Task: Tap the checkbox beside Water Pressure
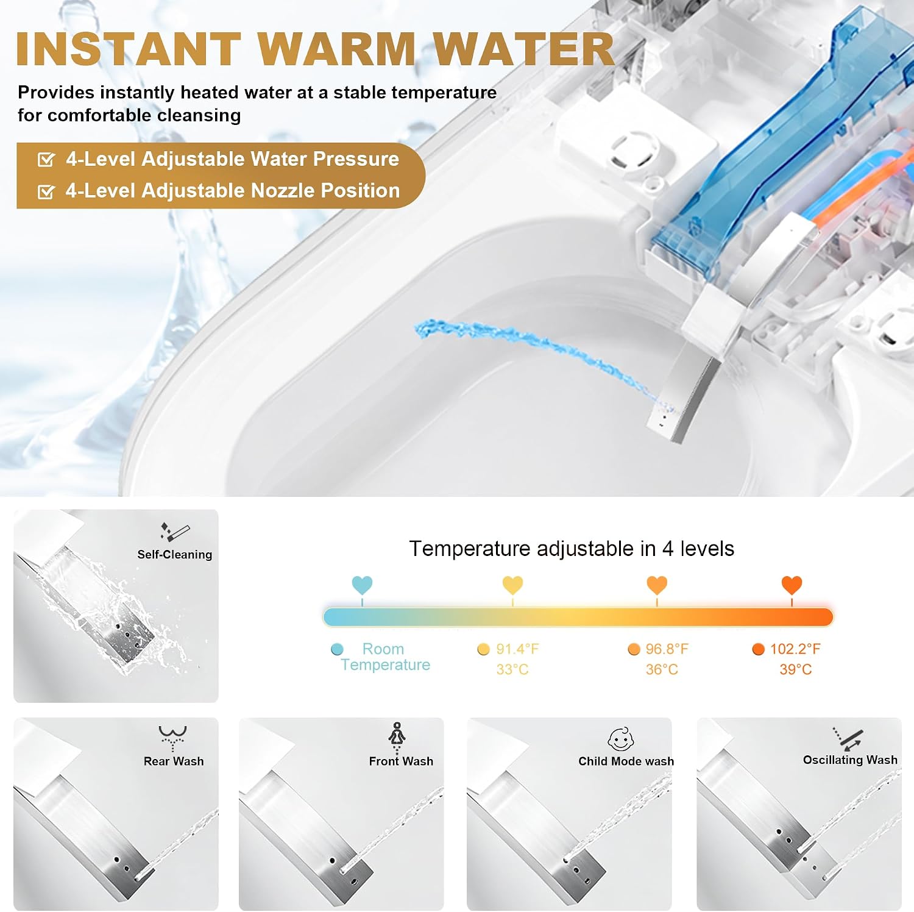(x=46, y=160)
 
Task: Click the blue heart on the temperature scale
(x=362, y=585)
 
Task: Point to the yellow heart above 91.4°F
(x=512, y=585)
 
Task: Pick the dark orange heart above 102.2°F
(x=792, y=585)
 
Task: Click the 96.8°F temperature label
(x=667, y=649)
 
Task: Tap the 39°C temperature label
(x=795, y=669)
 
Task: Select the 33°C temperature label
(x=512, y=669)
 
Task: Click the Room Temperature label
(x=385, y=657)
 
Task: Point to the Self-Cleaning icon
(x=175, y=532)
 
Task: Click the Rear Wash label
(x=174, y=761)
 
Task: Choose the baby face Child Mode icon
(x=621, y=739)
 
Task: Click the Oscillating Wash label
(x=850, y=760)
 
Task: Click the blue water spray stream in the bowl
(x=536, y=354)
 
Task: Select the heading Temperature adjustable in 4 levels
(x=572, y=549)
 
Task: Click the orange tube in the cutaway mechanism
(x=853, y=183)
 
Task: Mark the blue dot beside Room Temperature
(x=337, y=649)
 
